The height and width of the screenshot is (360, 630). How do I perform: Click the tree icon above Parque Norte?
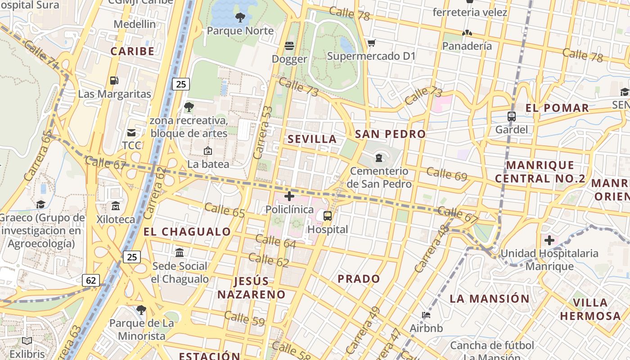240,18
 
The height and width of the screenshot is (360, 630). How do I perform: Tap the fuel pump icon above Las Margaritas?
114,81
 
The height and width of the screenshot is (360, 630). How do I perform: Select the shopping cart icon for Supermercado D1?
371,43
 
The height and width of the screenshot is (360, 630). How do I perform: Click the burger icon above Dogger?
289,46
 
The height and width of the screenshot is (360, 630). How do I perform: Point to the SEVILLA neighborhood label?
312,139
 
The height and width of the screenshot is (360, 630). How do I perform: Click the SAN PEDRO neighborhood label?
390,134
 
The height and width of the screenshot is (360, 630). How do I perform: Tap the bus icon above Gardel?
511,117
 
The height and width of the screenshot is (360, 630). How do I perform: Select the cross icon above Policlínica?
289,196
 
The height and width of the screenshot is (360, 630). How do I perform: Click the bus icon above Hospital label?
328,216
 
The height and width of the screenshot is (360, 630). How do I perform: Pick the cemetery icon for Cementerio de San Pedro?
379,157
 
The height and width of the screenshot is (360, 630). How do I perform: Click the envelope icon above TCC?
131,133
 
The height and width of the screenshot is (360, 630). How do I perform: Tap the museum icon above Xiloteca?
116,206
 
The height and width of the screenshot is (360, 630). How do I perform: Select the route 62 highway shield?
91,280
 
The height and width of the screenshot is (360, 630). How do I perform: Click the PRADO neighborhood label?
359,279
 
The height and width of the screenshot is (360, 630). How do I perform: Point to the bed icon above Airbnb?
426,315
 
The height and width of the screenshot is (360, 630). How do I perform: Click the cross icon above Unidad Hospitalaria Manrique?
549,240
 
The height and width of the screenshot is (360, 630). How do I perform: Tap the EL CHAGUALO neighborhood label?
187,232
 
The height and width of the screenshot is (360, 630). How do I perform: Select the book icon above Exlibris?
27,341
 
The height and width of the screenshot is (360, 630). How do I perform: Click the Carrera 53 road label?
263,132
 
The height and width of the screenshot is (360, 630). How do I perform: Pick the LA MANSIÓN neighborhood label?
490,298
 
